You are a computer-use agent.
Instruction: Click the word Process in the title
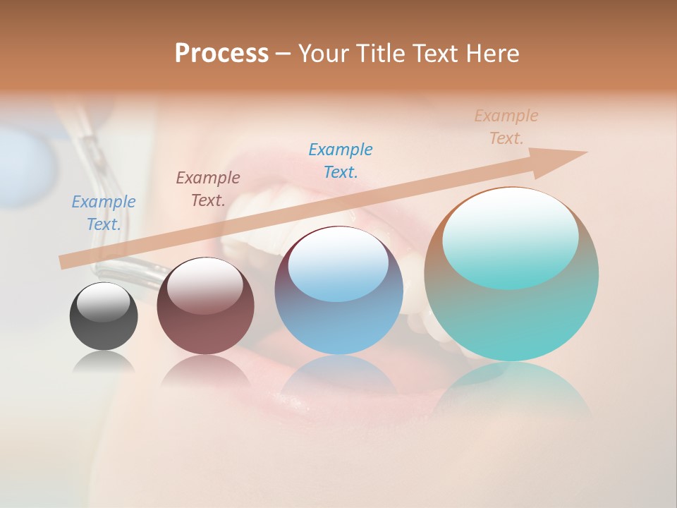(x=221, y=54)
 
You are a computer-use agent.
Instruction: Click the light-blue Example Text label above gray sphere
(x=104, y=213)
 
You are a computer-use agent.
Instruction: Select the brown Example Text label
(x=208, y=189)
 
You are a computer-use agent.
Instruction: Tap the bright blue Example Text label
(x=341, y=161)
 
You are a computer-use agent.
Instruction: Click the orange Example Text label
(x=506, y=127)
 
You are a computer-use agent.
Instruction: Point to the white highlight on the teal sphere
(x=510, y=236)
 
